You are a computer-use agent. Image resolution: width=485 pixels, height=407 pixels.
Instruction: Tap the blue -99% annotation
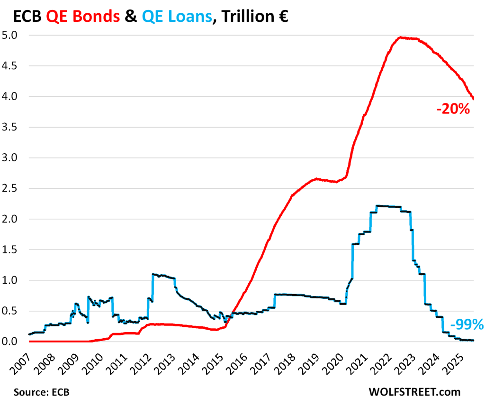466,324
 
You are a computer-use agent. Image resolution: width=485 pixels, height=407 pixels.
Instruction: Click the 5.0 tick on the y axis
11,35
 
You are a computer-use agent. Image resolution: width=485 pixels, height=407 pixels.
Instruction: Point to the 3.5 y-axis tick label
11,127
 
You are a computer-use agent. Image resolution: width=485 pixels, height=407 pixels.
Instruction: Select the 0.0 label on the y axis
11,342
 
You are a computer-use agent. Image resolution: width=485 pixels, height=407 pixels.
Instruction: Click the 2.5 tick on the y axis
11,188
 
